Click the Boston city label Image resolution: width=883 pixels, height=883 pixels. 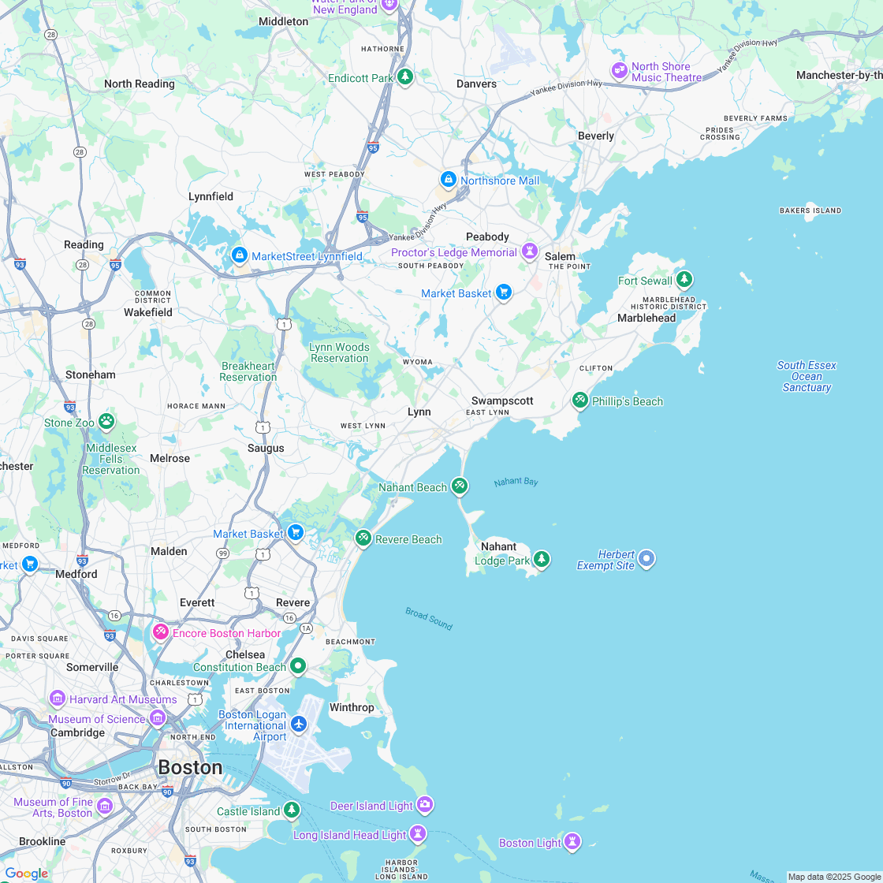click(190, 767)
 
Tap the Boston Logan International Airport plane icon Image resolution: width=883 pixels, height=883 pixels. click(298, 723)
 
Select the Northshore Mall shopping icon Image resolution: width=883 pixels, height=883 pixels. click(449, 181)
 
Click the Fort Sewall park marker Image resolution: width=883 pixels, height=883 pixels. click(684, 280)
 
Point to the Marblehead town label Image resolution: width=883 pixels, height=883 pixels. click(646, 318)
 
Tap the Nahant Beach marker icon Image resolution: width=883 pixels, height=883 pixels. click(460, 486)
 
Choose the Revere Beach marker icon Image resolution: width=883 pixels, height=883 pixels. click(363, 538)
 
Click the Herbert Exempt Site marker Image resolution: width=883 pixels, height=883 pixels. click(646, 559)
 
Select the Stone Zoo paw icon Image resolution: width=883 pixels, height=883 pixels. click(106, 422)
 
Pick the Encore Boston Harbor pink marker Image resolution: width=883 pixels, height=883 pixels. click(161, 632)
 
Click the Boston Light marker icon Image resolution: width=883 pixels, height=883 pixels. click(572, 842)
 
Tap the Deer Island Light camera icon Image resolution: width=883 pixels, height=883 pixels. click(425, 805)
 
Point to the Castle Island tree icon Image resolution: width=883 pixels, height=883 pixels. click(292, 810)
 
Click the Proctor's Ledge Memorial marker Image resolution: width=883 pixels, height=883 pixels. click(530, 252)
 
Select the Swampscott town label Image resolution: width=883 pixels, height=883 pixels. click(502, 401)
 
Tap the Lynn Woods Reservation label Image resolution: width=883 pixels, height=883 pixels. click(339, 352)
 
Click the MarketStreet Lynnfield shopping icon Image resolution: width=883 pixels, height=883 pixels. click(240, 255)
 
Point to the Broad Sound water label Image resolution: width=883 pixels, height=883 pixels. click(429, 618)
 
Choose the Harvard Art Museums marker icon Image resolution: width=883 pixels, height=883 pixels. click(57, 699)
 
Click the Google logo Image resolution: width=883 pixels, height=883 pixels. click(26, 874)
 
